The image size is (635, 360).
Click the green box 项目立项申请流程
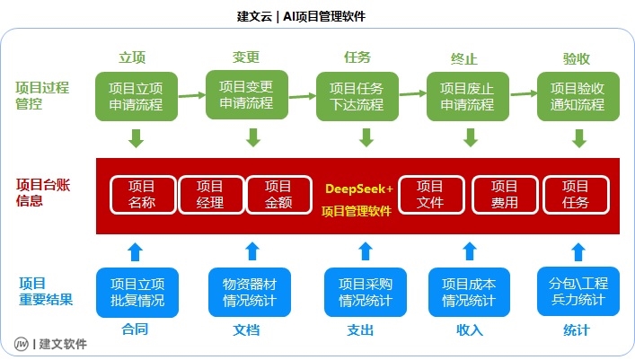(136, 96)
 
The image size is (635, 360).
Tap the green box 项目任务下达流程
(357, 96)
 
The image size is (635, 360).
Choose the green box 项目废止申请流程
(467, 96)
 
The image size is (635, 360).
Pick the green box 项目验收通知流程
(577, 96)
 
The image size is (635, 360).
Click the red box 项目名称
(141, 194)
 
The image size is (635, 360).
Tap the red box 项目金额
(278, 194)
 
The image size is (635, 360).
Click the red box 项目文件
(430, 194)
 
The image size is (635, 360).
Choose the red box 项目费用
(504, 194)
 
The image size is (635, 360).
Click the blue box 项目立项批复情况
(137, 292)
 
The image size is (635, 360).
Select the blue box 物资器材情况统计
(250, 292)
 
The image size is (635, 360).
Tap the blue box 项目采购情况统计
(366, 292)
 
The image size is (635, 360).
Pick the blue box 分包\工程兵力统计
(578, 292)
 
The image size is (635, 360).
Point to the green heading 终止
(463, 58)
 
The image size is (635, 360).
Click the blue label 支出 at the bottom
(360, 329)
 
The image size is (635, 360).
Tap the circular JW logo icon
(21, 344)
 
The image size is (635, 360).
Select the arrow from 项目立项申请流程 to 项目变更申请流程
(191, 94)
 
